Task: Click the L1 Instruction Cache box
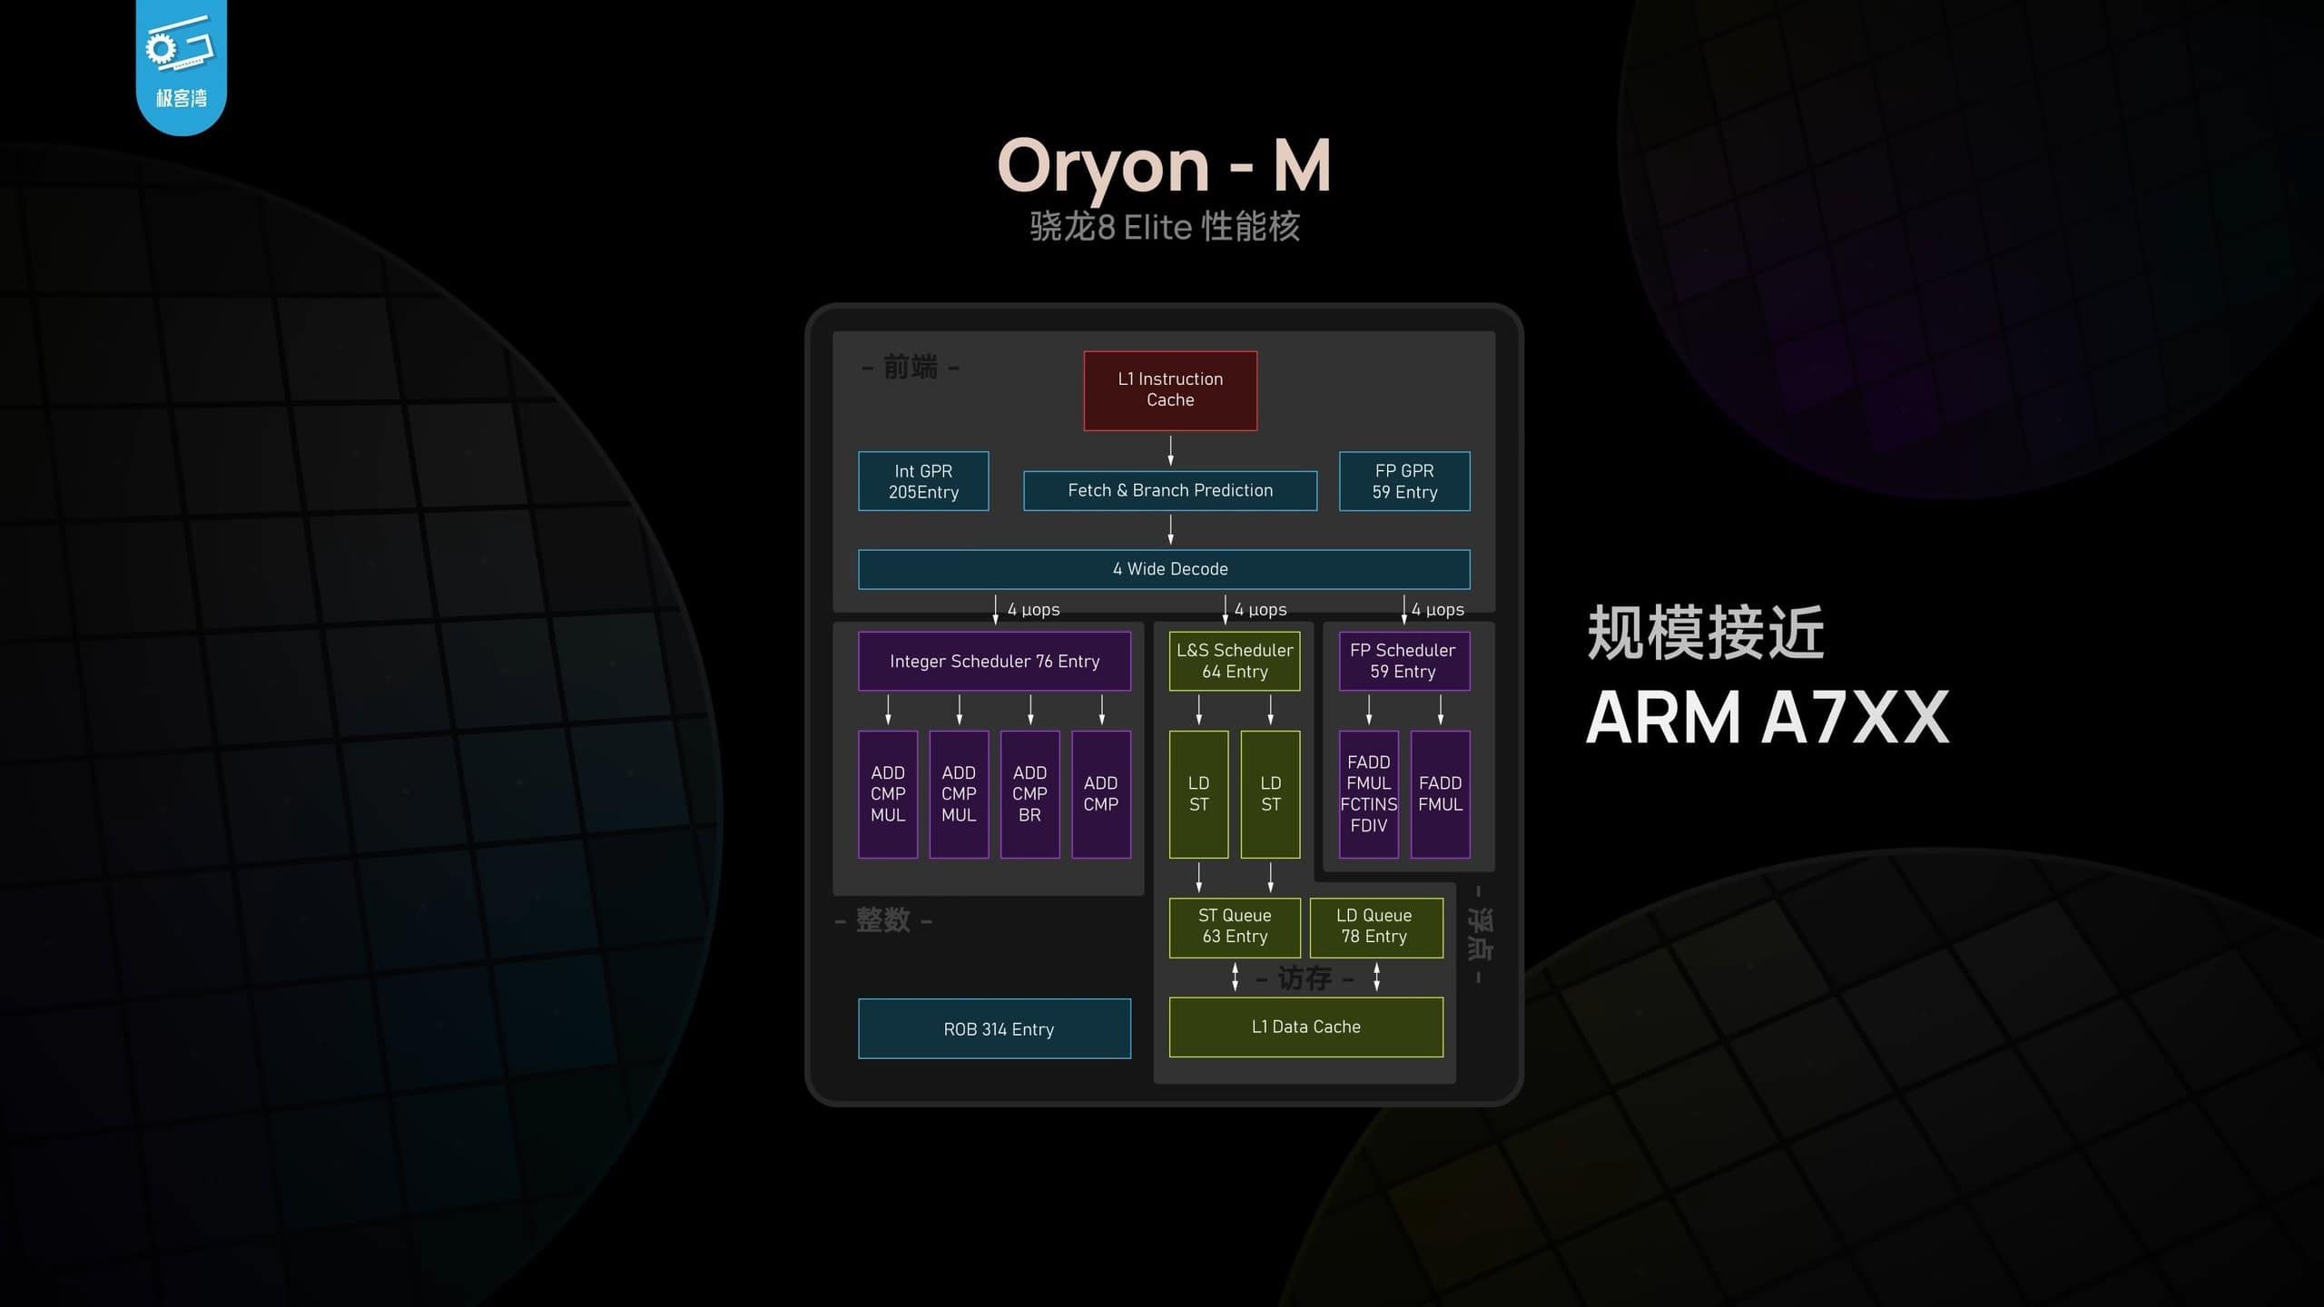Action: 1170,390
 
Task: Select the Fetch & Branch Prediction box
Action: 1170,490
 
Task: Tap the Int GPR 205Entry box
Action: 923,481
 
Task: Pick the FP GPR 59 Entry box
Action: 1404,481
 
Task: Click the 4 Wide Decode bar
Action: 1164,569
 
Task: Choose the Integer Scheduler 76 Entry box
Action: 994,661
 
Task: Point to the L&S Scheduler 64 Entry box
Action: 1235,661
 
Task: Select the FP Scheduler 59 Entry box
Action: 1403,661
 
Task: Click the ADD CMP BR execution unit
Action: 1029,794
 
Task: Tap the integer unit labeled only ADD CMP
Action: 1101,794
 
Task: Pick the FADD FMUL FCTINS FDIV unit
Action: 1368,794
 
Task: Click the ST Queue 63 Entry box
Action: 1235,927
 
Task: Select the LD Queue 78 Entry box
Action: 1375,927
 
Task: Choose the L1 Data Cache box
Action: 1305,1027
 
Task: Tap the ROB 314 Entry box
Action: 994,1028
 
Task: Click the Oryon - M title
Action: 1164,165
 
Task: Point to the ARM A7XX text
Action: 1767,717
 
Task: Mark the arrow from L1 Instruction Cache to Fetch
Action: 1171,450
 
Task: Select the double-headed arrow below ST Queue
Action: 1235,977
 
